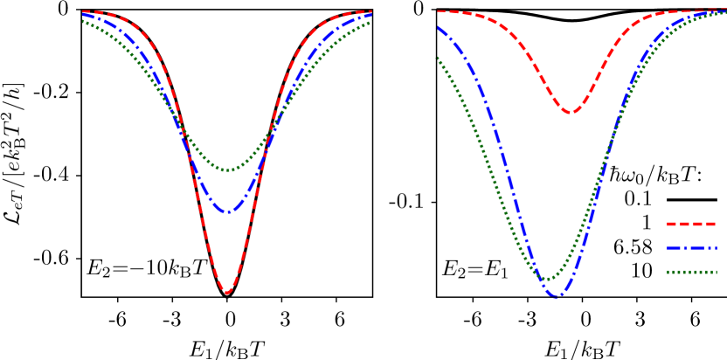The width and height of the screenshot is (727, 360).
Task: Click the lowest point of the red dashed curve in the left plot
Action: tap(227, 292)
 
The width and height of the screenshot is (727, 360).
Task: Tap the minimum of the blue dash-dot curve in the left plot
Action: tap(228, 211)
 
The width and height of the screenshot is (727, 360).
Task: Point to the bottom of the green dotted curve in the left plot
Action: tap(227, 170)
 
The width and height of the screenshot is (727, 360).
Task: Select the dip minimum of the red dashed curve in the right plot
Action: tap(569, 112)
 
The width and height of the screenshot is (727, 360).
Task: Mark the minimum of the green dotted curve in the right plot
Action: tap(549, 280)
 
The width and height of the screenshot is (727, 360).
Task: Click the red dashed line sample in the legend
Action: tap(690, 224)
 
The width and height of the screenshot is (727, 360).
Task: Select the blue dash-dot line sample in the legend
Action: tap(690, 248)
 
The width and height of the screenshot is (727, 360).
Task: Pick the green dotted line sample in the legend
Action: tap(690, 272)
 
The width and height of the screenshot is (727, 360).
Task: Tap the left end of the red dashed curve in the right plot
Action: tap(438, 11)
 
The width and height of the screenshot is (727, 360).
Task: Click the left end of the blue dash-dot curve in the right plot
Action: tap(438, 28)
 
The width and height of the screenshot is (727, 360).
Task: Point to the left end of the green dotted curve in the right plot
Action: tap(438, 59)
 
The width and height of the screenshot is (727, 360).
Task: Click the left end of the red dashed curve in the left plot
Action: tap(83, 11)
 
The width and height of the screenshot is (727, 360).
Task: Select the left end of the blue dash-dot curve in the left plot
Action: tap(83, 16)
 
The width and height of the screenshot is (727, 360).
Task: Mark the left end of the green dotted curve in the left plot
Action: tap(83, 21)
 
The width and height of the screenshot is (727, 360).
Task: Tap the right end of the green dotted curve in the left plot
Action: tap(370, 22)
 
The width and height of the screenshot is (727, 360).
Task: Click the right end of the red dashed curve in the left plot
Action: tap(370, 11)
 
